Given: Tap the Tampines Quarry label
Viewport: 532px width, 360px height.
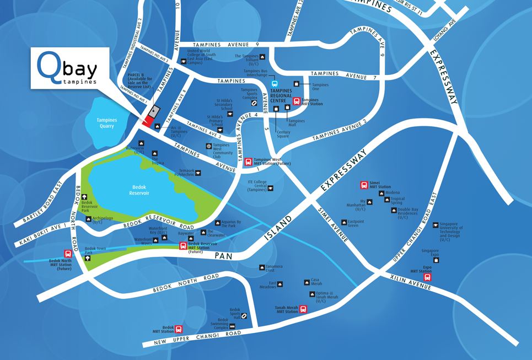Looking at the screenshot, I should coord(103,123).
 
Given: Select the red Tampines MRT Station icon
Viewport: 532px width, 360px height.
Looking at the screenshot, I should coord(297,101).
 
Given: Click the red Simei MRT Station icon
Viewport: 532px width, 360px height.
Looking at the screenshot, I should coord(364,185).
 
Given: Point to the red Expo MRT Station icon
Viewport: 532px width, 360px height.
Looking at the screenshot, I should coord(427,277).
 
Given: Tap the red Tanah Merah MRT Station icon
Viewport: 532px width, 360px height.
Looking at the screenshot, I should coord(302,310).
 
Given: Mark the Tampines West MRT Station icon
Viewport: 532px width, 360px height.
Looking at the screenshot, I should coord(249,162).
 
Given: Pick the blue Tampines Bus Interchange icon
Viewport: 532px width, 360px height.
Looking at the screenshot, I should coord(274,84).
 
